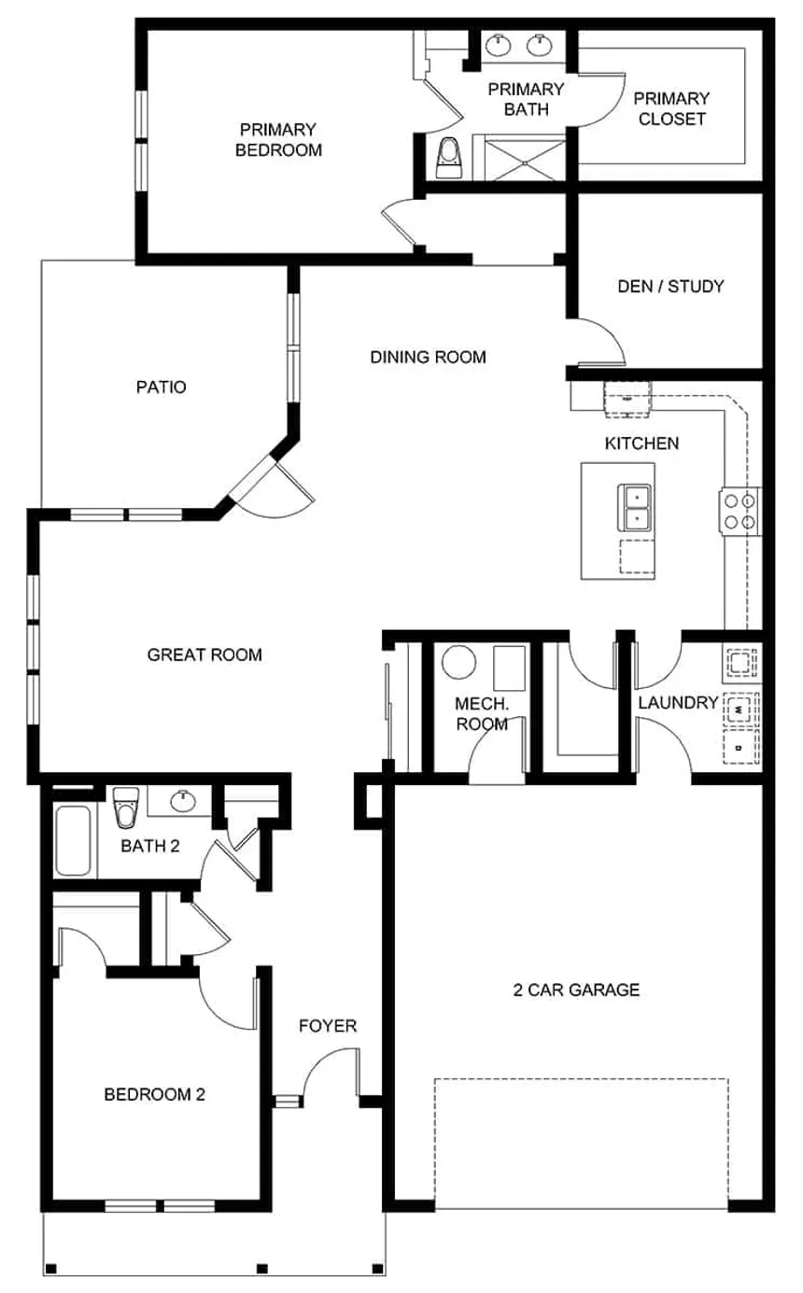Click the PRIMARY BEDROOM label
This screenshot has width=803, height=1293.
[278, 139]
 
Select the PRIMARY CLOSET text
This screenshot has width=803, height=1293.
[670, 108]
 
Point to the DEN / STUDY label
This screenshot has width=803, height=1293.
[670, 287]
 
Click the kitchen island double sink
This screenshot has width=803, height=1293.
[636, 508]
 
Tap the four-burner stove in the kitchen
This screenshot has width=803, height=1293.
[740, 511]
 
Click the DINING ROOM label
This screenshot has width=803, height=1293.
[428, 357]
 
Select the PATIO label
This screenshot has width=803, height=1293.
[161, 386]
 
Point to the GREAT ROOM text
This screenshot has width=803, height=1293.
[204, 654]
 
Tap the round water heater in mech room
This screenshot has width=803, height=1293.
[458, 662]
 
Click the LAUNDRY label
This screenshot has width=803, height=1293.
[678, 703]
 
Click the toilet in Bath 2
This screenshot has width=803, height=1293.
[124, 808]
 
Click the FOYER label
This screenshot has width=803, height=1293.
[327, 1026]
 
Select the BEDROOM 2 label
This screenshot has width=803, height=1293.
[154, 1094]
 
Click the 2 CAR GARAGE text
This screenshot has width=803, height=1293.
[576, 990]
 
